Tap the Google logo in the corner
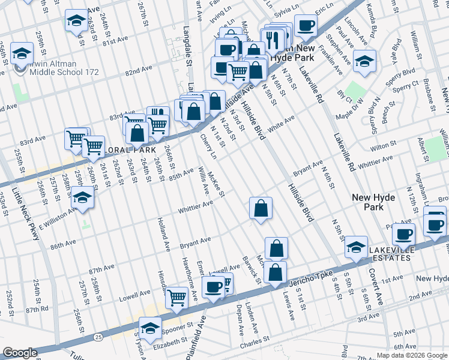20,353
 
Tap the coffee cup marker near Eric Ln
306,26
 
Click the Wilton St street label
380,146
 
